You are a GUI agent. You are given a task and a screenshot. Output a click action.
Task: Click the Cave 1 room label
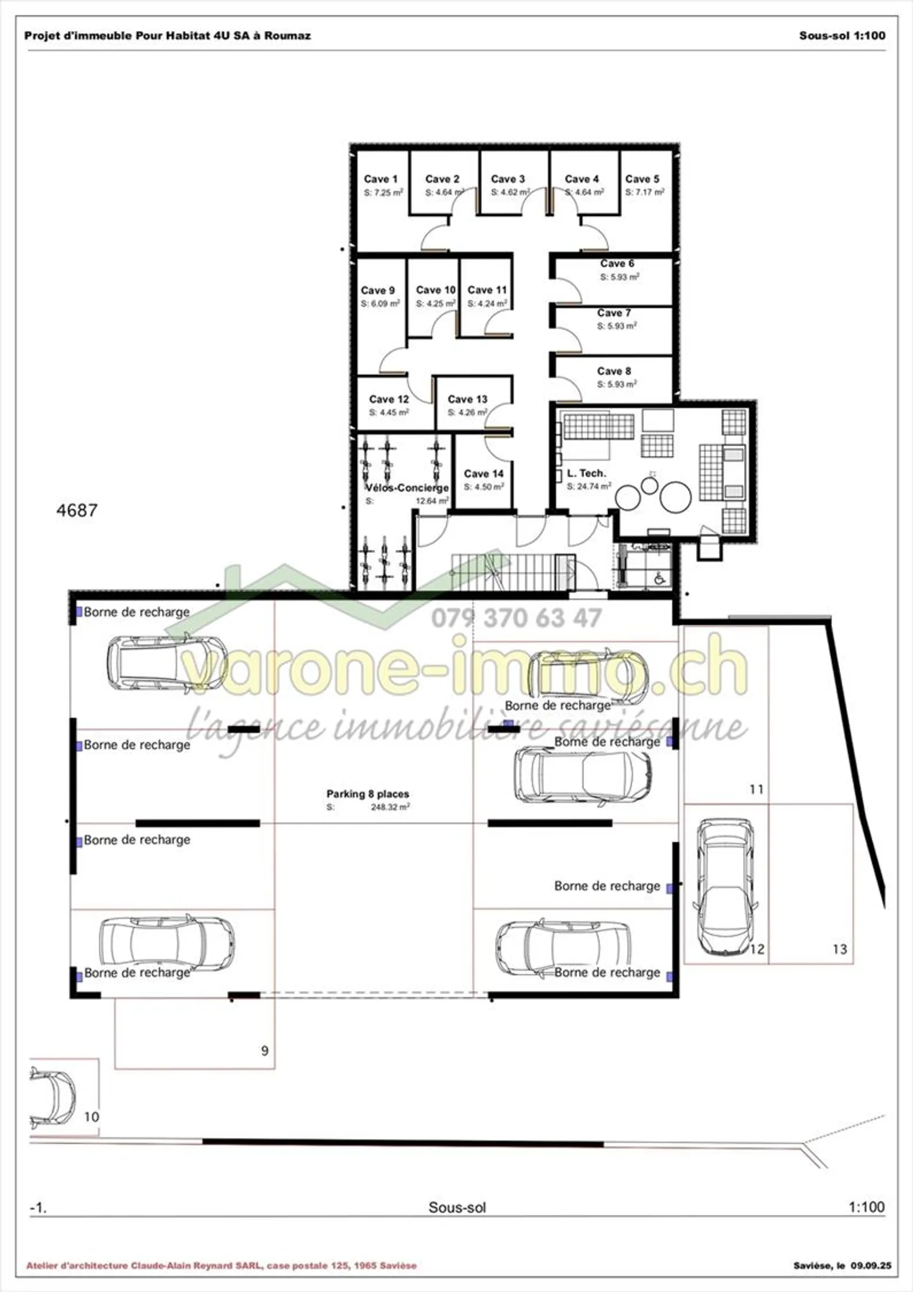click(380, 179)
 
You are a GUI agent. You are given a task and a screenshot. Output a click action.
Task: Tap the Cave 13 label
click(467, 399)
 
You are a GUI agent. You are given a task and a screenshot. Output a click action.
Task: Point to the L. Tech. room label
click(586, 473)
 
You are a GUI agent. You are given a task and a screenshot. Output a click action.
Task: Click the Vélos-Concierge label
click(407, 488)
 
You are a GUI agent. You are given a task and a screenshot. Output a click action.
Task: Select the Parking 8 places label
click(368, 794)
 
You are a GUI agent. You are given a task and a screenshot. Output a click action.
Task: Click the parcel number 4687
click(77, 510)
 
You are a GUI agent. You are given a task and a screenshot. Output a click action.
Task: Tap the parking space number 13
click(839, 949)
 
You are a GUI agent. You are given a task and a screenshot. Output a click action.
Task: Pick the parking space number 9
click(265, 1050)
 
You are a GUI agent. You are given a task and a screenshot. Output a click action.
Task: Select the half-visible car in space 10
click(53, 1097)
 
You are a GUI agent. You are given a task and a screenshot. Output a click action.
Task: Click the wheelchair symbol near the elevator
click(659, 578)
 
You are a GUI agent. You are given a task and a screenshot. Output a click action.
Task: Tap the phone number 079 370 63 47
click(516, 618)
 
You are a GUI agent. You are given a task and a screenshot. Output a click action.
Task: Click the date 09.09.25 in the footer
click(871, 1265)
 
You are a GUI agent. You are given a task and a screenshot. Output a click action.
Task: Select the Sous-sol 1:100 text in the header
click(842, 36)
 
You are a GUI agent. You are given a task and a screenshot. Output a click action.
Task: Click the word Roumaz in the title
click(287, 36)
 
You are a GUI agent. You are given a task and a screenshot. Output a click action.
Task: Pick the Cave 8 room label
click(614, 371)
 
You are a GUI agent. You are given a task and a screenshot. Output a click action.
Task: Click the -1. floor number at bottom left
click(38, 1207)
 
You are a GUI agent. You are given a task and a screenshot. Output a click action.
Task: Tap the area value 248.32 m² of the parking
click(390, 807)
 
